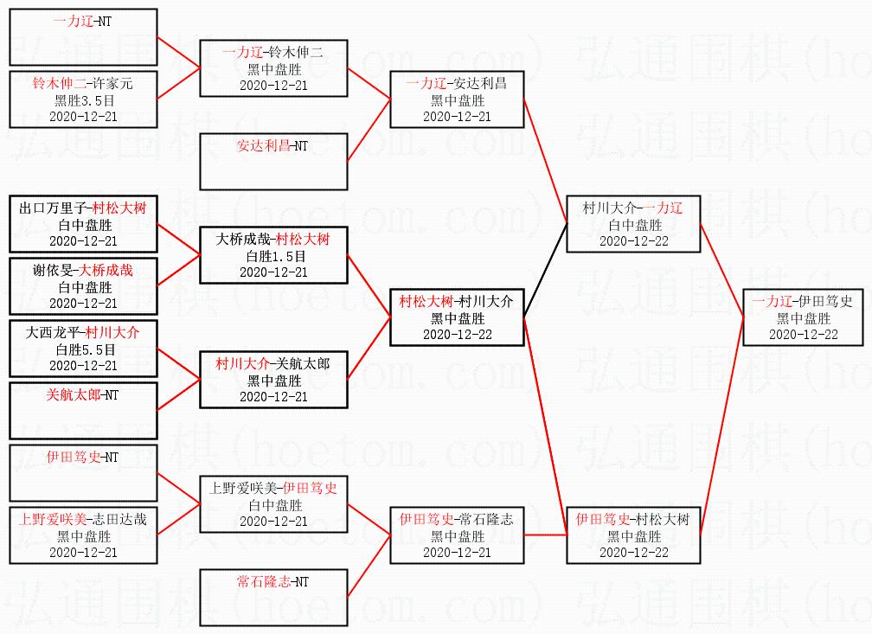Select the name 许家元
click(x=113, y=84)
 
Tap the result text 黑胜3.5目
click(x=83, y=100)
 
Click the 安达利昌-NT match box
click(x=273, y=161)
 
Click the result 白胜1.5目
click(x=273, y=256)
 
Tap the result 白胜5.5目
click(x=83, y=349)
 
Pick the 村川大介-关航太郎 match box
click(x=273, y=380)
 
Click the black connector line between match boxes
click(x=544, y=269)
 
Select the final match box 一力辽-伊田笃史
click(x=804, y=317)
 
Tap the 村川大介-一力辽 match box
click(x=633, y=224)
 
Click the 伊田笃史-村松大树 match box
click(x=633, y=535)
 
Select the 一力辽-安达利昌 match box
click(x=456, y=99)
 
